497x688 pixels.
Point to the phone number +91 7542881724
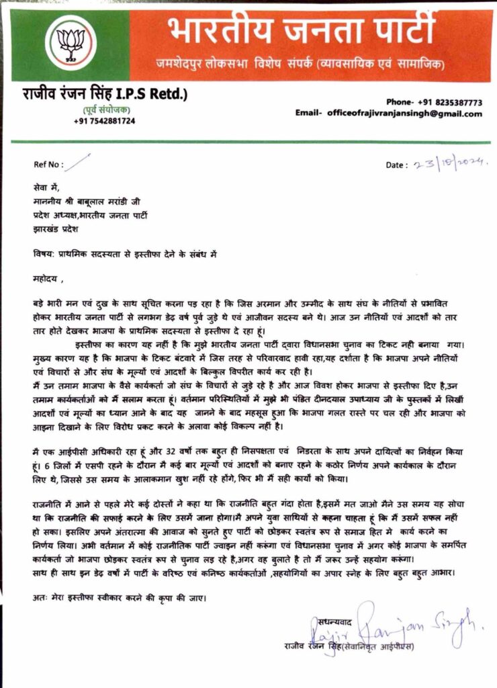pos(104,121)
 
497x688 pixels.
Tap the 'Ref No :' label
pos(48,164)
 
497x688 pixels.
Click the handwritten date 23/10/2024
pos(451,164)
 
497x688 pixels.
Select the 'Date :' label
pos(396,165)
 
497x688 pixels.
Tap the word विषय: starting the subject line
pos(44,254)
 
